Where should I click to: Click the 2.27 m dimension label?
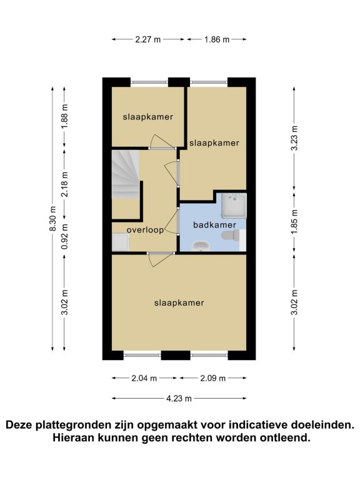148,39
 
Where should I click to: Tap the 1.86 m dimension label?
217,39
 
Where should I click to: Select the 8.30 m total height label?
52,219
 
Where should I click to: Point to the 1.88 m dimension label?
64,117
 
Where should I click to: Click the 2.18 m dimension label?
64,184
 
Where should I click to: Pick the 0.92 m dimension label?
64,236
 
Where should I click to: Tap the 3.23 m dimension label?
294,138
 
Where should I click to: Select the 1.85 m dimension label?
294,222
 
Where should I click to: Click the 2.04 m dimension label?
144,378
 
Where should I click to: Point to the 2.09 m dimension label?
212,378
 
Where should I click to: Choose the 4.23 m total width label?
179,399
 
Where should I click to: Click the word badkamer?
214,225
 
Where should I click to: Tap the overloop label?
145,230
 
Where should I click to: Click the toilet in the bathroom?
230,236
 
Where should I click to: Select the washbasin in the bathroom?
201,246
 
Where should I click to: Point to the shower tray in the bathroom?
234,206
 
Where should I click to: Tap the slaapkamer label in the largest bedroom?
179,303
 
